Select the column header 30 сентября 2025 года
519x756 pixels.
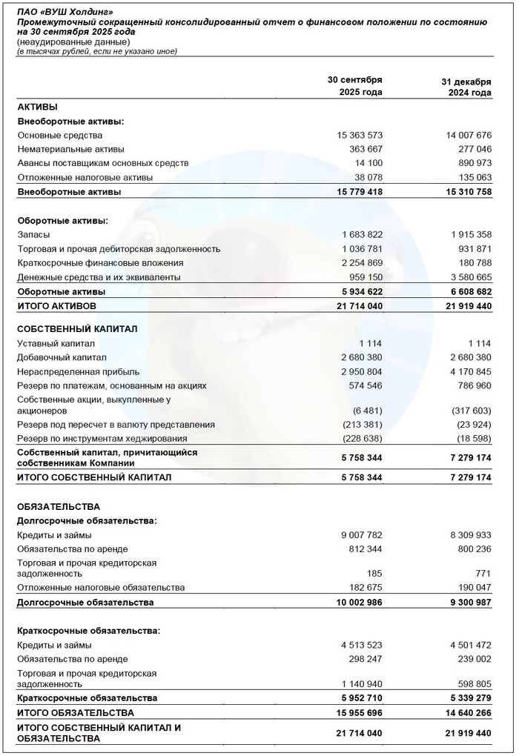click(x=355, y=86)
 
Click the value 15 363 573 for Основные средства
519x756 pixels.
click(x=360, y=136)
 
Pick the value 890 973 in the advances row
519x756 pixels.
click(x=472, y=162)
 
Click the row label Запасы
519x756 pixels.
click(x=34, y=235)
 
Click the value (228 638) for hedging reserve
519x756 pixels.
click(x=361, y=439)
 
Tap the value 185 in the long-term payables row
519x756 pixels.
click(x=375, y=573)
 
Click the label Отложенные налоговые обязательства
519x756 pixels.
click(x=100, y=588)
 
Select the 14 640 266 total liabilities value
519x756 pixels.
click(x=466, y=713)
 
